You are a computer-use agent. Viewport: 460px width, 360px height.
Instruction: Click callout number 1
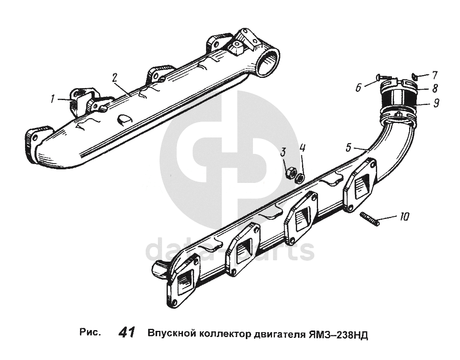coord(52,98)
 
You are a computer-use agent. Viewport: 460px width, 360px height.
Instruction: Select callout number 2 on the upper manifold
coord(115,77)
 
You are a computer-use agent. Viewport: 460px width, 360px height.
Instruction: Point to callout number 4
coord(302,148)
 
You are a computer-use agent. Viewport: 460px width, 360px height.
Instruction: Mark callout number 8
coord(435,88)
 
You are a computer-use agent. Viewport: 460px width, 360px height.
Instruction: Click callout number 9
coord(436,103)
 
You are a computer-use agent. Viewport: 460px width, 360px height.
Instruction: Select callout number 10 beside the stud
coord(404,216)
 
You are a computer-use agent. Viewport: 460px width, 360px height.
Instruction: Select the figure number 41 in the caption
coord(126,333)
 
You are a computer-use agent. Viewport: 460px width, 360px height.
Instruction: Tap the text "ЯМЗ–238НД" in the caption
coord(338,333)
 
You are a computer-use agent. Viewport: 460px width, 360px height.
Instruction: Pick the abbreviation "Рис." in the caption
coord(90,332)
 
